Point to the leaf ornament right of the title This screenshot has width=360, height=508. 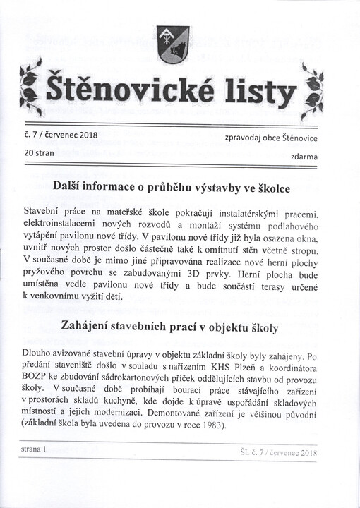point(312,90)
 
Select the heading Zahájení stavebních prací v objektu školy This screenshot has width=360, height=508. point(169,327)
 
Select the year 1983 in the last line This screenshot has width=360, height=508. point(207,425)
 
